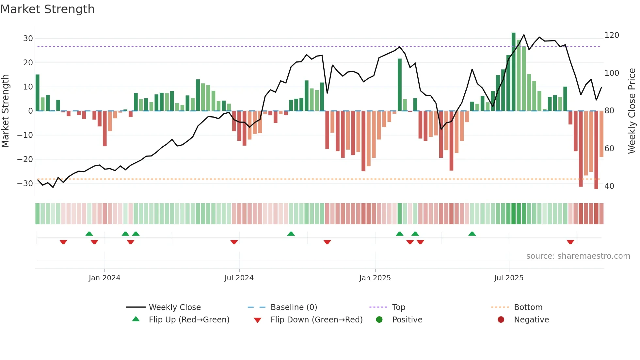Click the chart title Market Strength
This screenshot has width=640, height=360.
[x=47, y=9]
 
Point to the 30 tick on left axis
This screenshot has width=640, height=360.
[x=28, y=39]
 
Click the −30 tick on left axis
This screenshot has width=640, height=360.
[x=25, y=183]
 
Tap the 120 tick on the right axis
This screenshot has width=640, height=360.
[x=612, y=35]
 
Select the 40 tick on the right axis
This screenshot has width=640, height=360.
[x=609, y=186]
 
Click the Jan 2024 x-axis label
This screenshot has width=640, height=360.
[x=104, y=278]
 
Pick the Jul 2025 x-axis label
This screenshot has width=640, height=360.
[x=509, y=278]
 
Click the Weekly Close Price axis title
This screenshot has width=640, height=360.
[x=632, y=111]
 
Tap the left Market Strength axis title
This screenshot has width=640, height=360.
[x=6, y=111]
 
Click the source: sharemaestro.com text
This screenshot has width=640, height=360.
[x=578, y=256]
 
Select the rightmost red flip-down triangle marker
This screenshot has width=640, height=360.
[x=570, y=242]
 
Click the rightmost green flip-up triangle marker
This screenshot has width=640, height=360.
[x=472, y=234]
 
